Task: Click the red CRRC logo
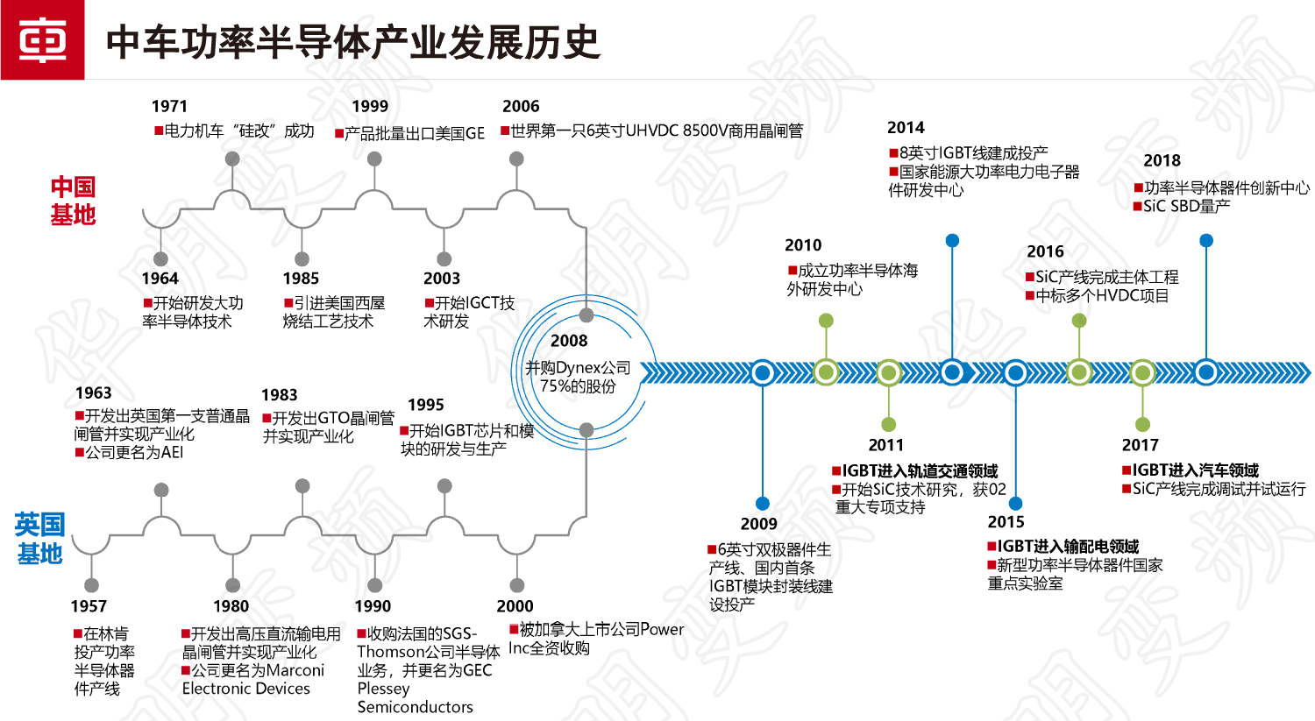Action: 42,40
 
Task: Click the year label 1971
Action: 169,106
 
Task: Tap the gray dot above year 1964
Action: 160,258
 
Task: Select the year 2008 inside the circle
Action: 569,341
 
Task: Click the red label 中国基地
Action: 73,201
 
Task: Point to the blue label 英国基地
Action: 39,539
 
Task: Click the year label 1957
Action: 89,606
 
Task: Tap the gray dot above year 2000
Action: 516,585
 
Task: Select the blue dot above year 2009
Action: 762,504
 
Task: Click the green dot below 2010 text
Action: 826,321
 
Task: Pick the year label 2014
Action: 906,128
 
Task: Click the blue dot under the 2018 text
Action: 1206,240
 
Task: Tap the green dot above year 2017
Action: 1142,425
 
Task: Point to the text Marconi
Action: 295,670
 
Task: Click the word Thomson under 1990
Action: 388,652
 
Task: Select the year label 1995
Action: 426,405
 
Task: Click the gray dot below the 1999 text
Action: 374,159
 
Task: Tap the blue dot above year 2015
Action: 1015,504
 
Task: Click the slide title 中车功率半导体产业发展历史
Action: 352,41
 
